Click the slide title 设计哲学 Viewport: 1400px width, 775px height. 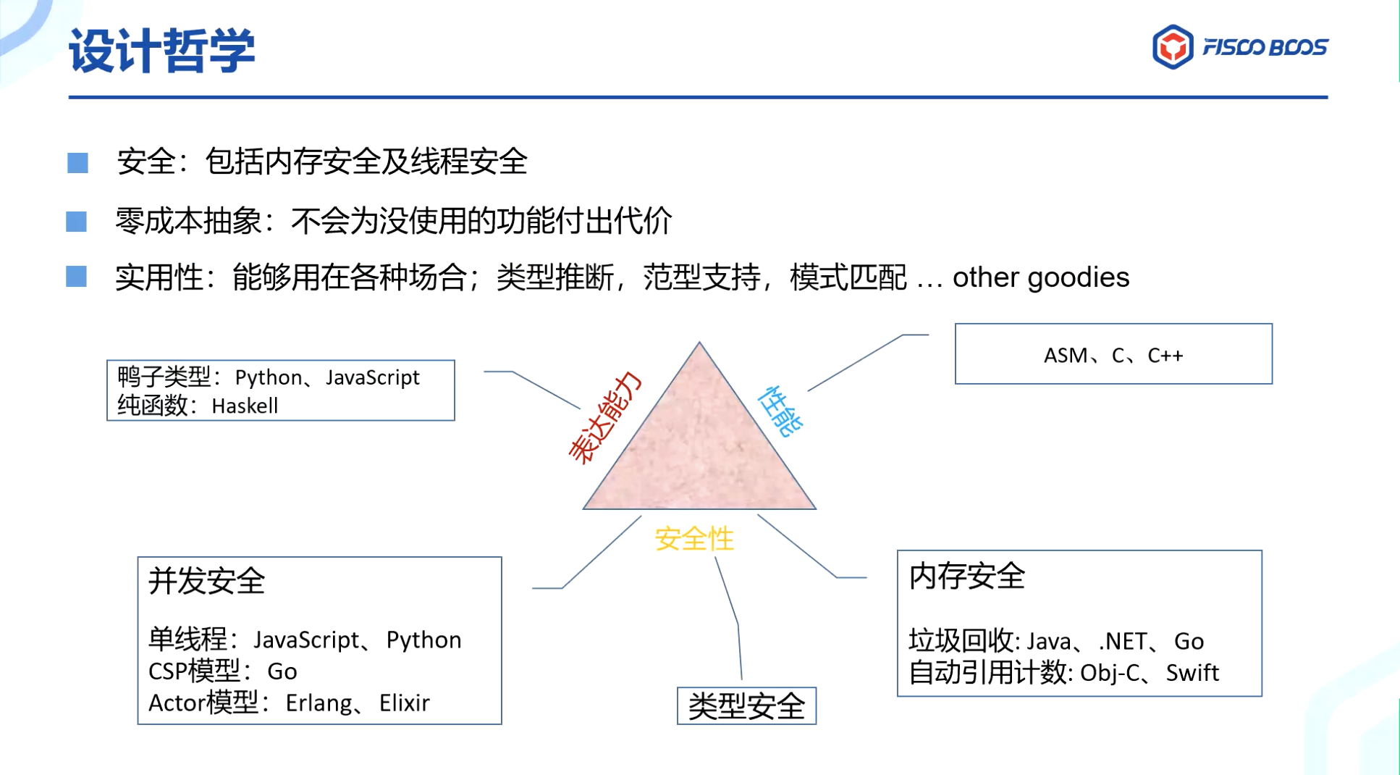click(162, 51)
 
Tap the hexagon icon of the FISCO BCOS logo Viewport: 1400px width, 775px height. click(1172, 47)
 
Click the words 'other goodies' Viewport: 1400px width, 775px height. click(1040, 277)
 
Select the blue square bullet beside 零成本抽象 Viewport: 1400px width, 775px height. click(77, 221)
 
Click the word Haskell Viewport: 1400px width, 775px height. click(245, 406)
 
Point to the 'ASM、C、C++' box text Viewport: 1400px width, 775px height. click(1113, 355)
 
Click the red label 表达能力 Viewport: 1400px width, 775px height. click(605, 417)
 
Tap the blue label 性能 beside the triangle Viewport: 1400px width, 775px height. click(780, 411)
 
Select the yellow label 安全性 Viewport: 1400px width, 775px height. click(693, 539)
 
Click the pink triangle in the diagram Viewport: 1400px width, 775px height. click(699, 449)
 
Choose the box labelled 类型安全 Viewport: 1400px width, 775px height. click(746, 706)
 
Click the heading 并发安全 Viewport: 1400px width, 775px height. click(207, 581)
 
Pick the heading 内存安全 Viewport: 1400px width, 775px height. click(966, 577)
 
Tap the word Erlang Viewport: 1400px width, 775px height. click(317, 703)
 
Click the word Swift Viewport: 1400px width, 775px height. click(1192, 673)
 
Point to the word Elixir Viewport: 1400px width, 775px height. click(404, 703)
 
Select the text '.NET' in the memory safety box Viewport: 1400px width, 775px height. click(1122, 641)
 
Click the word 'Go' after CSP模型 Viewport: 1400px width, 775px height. click(282, 671)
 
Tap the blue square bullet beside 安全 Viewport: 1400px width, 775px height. click(77, 162)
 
